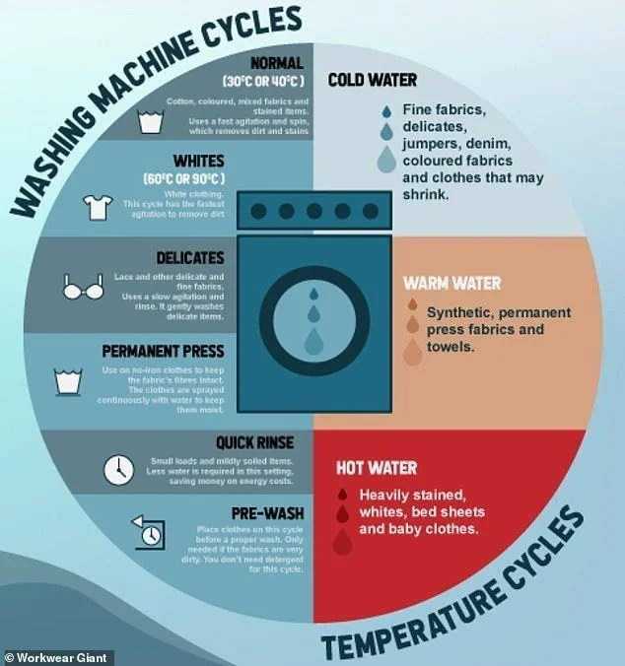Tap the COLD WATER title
click(372, 80)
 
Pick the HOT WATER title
click(376, 467)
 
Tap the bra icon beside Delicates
click(82, 290)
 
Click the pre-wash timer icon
click(147, 531)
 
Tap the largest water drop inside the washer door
click(313, 341)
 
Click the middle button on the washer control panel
click(312, 210)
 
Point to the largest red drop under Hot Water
click(342, 541)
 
